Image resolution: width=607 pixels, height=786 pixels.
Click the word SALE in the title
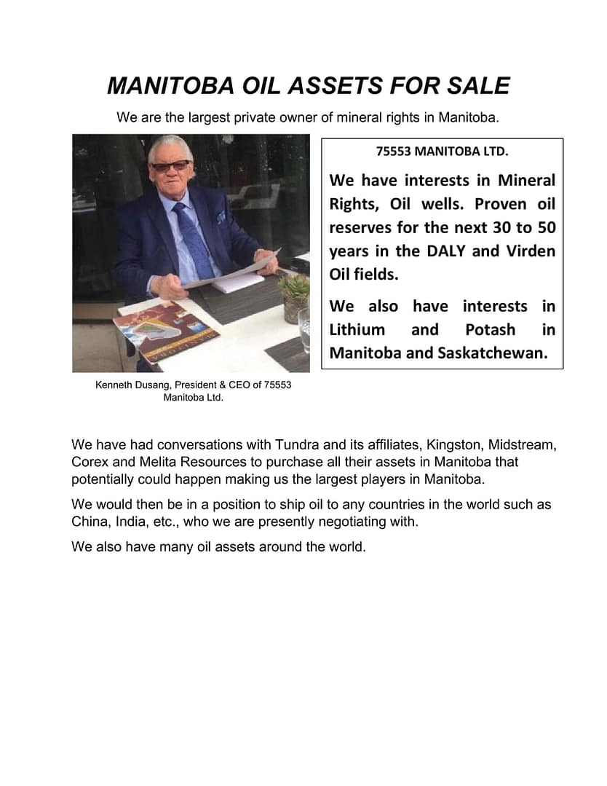pos(477,86)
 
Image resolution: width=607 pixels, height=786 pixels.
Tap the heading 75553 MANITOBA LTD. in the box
pos(442,152)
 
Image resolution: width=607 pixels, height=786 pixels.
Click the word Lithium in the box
pos(357,329)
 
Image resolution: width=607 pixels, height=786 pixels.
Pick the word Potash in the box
pos(490,329)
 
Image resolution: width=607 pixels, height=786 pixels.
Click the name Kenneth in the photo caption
pos(116,385)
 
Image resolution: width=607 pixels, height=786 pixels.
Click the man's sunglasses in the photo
pos(170,166)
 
